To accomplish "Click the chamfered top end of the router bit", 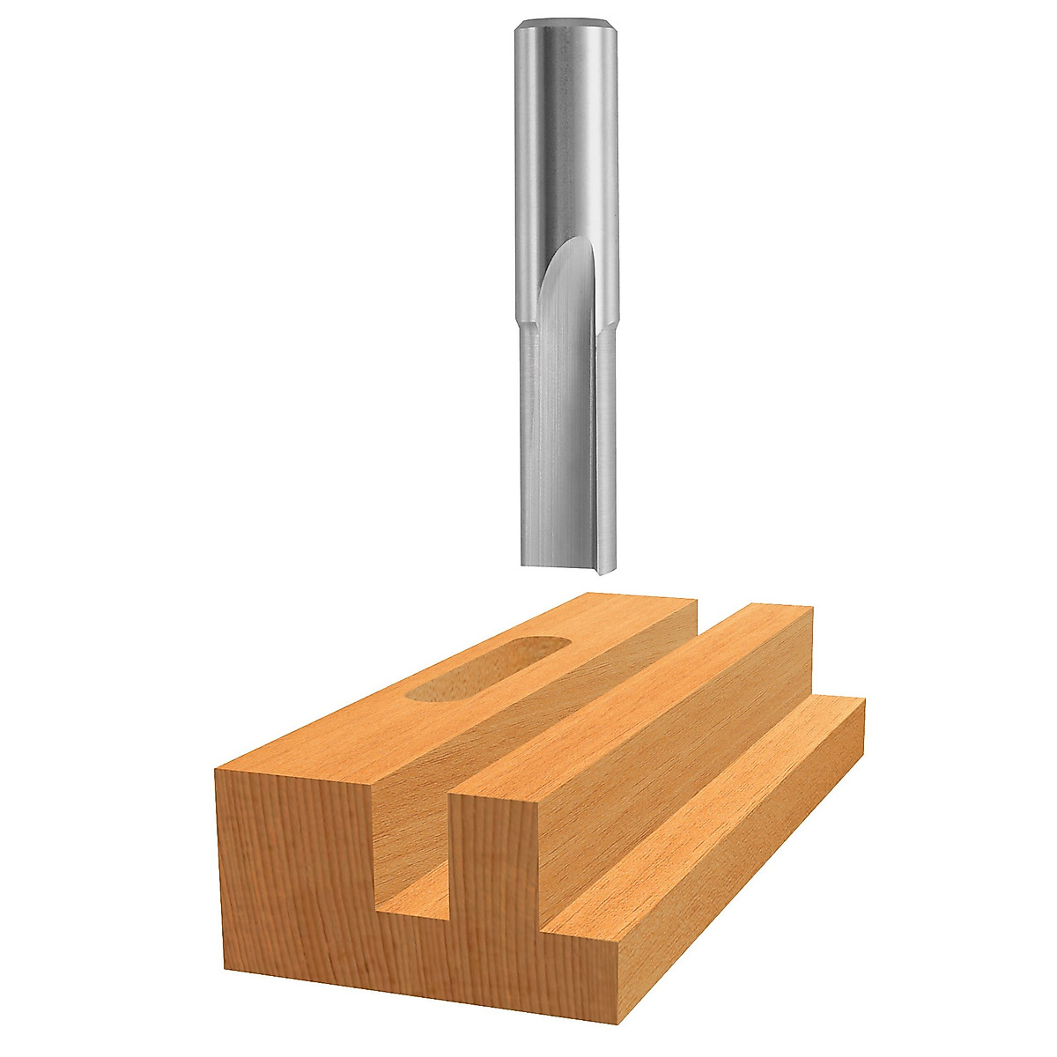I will (x=565, y=24).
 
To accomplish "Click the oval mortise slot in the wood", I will (x=484, y=669).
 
